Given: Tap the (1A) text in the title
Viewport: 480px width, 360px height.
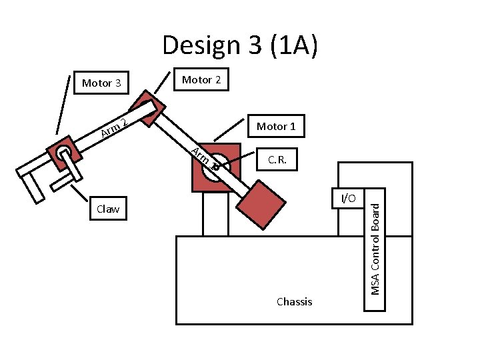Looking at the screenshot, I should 287,46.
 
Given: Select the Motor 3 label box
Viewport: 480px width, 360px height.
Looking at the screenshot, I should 101,83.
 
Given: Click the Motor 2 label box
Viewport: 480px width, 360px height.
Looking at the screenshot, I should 201,80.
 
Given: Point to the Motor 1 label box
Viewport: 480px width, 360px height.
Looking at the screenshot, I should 276,126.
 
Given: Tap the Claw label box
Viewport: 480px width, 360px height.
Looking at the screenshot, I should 108,209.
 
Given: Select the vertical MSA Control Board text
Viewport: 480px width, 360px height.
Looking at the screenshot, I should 375,250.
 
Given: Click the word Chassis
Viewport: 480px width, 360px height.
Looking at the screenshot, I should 294,301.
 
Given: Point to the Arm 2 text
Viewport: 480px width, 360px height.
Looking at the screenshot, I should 114,126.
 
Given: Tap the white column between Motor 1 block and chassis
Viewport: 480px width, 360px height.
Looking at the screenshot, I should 215,213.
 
